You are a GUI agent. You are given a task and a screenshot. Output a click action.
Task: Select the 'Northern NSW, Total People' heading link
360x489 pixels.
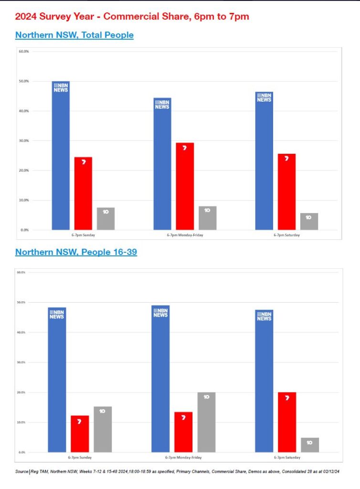click(74, 35)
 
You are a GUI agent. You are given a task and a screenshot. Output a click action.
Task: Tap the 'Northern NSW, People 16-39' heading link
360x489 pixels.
click(76, 252)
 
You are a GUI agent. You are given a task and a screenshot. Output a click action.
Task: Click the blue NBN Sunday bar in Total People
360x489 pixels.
click(61, 158)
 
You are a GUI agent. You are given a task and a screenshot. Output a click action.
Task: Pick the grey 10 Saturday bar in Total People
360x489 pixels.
click(309, 222)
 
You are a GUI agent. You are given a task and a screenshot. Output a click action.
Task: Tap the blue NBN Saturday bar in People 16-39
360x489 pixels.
click(264, 382)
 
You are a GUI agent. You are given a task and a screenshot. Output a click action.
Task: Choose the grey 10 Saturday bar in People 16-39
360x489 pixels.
click(310, 445)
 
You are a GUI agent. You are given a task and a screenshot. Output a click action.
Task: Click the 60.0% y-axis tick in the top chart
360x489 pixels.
click(23, 51)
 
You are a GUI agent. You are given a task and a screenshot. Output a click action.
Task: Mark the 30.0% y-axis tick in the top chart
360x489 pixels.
click(23, 141)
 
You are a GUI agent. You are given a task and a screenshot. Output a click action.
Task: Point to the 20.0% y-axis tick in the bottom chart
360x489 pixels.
click(21, 393)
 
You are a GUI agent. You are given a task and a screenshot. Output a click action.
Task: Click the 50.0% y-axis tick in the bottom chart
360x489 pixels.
click(21, 302)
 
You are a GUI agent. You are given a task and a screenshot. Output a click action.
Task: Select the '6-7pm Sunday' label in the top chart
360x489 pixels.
click(83, 235)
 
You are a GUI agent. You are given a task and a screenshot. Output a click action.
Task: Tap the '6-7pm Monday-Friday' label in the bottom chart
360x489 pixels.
click(184, 457)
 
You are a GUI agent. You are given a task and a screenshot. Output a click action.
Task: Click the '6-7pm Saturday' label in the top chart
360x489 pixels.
click(286, 235)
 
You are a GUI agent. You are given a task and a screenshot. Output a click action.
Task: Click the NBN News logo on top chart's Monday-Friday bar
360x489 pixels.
click(162, 105)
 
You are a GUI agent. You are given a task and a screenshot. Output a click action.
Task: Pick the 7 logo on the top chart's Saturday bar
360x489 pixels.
click(286, 158)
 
